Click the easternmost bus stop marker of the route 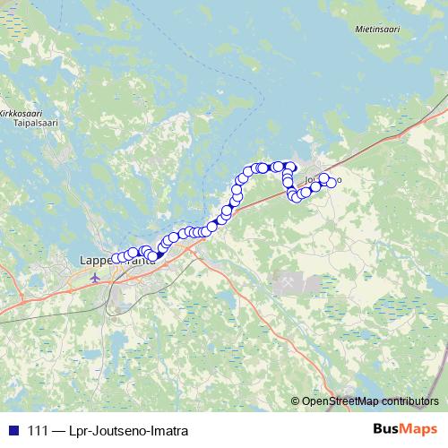(332, 183)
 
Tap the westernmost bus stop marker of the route (115, 259)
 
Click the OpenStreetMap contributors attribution (370, 401)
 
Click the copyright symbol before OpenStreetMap (297, 401)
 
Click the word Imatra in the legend (168, 431)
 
